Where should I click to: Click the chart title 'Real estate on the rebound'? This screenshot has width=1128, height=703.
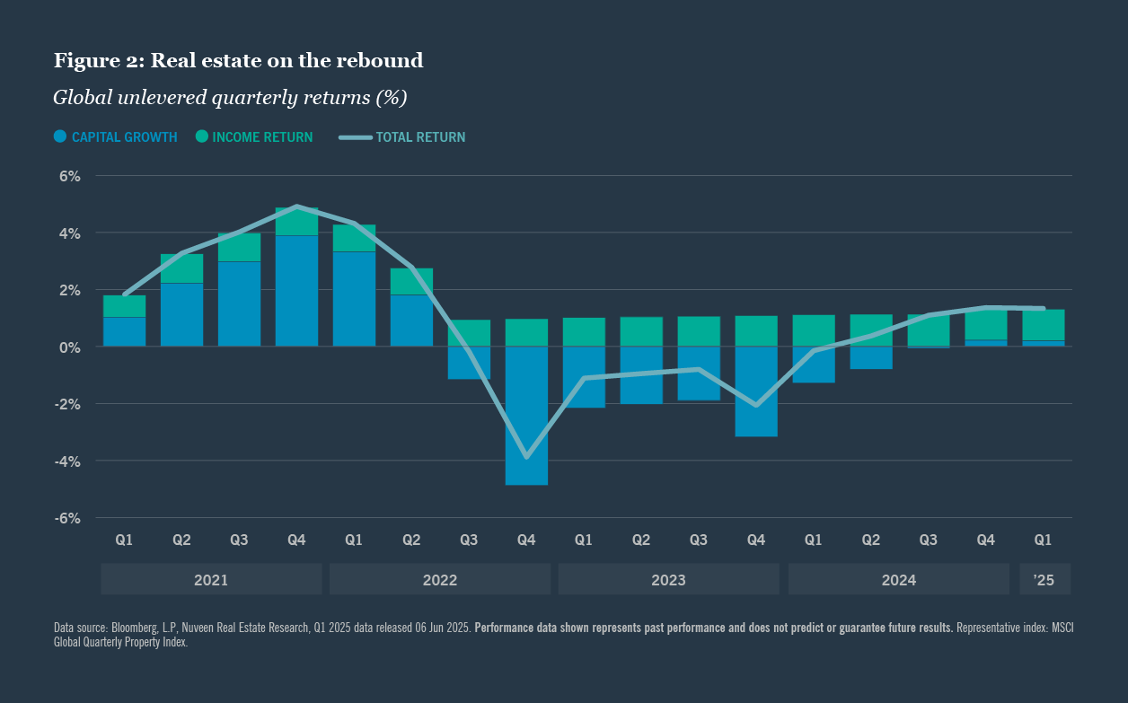click(x=238, y=61)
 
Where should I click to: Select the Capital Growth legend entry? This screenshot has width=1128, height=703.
click(x=115, y=137)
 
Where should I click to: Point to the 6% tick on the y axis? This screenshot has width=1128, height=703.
click(x=70, y=177)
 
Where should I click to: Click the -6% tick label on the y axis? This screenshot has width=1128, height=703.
click(x=68, y=518)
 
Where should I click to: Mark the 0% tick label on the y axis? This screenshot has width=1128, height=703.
click(x=70, y=347)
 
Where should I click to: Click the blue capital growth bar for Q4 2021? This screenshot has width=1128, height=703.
click(x=296, y=291)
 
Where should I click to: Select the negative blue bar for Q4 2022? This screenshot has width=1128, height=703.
click(x=526, y=415)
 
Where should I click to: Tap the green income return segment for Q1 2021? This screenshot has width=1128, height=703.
click(x=124, y=306)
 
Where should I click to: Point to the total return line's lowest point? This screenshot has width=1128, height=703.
click(x=526, y=457)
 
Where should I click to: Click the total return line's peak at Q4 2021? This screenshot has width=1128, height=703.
click(x=296, y=207)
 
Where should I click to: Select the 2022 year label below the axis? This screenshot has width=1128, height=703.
click(x=440, y=580)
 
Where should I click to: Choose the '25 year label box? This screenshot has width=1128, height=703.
click(x=1044, y=580)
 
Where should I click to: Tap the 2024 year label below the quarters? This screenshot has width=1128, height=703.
click(x=898, y=580)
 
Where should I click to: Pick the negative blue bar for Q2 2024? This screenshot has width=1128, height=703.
click(x=871, y=357)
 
